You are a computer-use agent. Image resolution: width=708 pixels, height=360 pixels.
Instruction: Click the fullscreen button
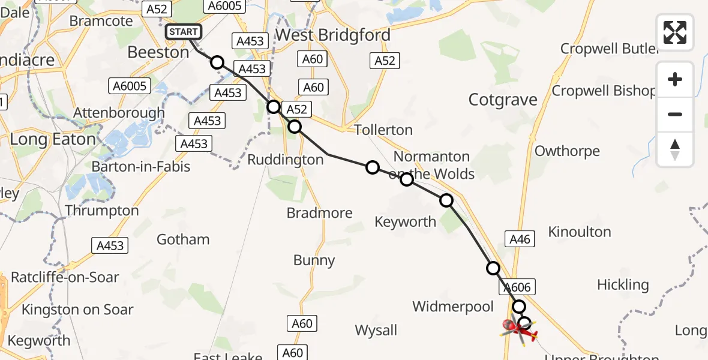point(675,32)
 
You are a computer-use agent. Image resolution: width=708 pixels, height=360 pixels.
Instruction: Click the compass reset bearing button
point(675,149)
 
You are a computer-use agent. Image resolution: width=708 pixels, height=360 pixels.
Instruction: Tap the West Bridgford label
point(332,35)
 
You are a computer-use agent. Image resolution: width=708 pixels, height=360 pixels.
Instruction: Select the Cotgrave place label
point(503,100)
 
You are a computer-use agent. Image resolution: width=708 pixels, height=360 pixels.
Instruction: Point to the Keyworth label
point(405,221)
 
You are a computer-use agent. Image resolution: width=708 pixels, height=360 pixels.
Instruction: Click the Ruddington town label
point(286,160)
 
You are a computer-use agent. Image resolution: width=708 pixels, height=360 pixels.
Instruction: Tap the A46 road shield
point(519,239)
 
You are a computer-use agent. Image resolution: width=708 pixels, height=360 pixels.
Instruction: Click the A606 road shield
point(517,287)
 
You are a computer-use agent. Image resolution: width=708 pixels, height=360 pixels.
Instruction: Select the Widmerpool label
point(453,307)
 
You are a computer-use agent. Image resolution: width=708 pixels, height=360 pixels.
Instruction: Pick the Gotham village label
point(183,239)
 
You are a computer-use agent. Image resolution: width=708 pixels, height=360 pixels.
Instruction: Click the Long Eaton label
point(53,139)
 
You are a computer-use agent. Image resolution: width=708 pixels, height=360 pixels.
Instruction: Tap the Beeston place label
point(158,52)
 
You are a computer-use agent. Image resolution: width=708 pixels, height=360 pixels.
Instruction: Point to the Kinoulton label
point(580,232)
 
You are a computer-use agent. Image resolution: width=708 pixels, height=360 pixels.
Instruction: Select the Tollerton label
point(383,130)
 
